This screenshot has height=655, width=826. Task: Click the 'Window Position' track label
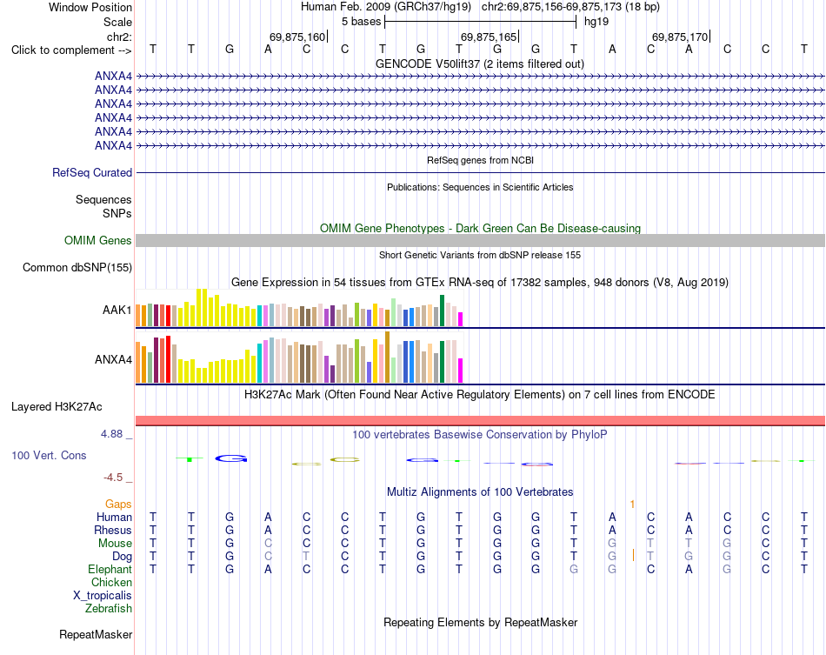click(90, 7)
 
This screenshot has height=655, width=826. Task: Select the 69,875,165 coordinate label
click(489, 37)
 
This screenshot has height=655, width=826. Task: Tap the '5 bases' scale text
click(361, 22)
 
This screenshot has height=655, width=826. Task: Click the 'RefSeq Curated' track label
click(92, 172)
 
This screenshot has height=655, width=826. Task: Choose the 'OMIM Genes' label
click(98, 240)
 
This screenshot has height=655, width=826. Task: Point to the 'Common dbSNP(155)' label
click(77, 268)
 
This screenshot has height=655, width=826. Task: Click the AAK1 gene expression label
click(117, 310)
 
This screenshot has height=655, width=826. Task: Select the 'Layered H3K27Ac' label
click(57, 407)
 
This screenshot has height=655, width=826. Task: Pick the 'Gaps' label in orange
click(118, 505)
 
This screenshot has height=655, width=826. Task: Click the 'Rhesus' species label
click(113, 530)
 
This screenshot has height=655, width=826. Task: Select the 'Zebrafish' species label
click(109, 609)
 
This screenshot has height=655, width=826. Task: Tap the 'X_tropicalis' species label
click(103, 596)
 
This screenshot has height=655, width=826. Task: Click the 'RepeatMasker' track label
click(96, 634)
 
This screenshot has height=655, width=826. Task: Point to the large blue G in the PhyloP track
click(231, 458)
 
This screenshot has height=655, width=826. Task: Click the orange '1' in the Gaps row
click(632, 505)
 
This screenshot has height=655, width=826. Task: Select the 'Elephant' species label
click(110, 570)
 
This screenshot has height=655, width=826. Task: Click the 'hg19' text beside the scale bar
click(596, 22)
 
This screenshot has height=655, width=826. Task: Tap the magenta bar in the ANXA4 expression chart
click(461, 371)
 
